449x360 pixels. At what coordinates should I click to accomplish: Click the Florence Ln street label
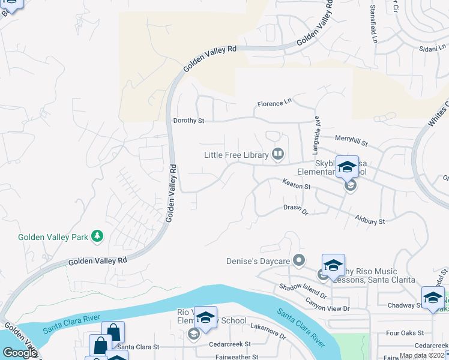pyautogui.click(x=274, y=104)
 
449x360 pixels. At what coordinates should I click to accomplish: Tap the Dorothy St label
pyautogui.click(x=188, y=121)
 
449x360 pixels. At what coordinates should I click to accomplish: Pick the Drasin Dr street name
pyautogui.click(x=295, y=211)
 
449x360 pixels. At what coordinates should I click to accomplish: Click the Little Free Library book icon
pyautogui.click(x=278, y=155)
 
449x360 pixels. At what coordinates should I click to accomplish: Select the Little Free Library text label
pyautogui.click(x=236, y=155)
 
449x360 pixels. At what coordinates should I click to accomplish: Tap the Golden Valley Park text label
pyautogui.click(x=53, y=237)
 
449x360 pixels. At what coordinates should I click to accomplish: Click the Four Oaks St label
pyautogui.click(x=405, y=332)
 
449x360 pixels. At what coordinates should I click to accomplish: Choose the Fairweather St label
pyautogui.click(x=237, y=356)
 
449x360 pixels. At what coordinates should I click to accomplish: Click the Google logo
pyautogui.click(x=20, y=353)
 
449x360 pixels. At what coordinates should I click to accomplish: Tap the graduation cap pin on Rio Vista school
pyautogui.click(x=205, y=318)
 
